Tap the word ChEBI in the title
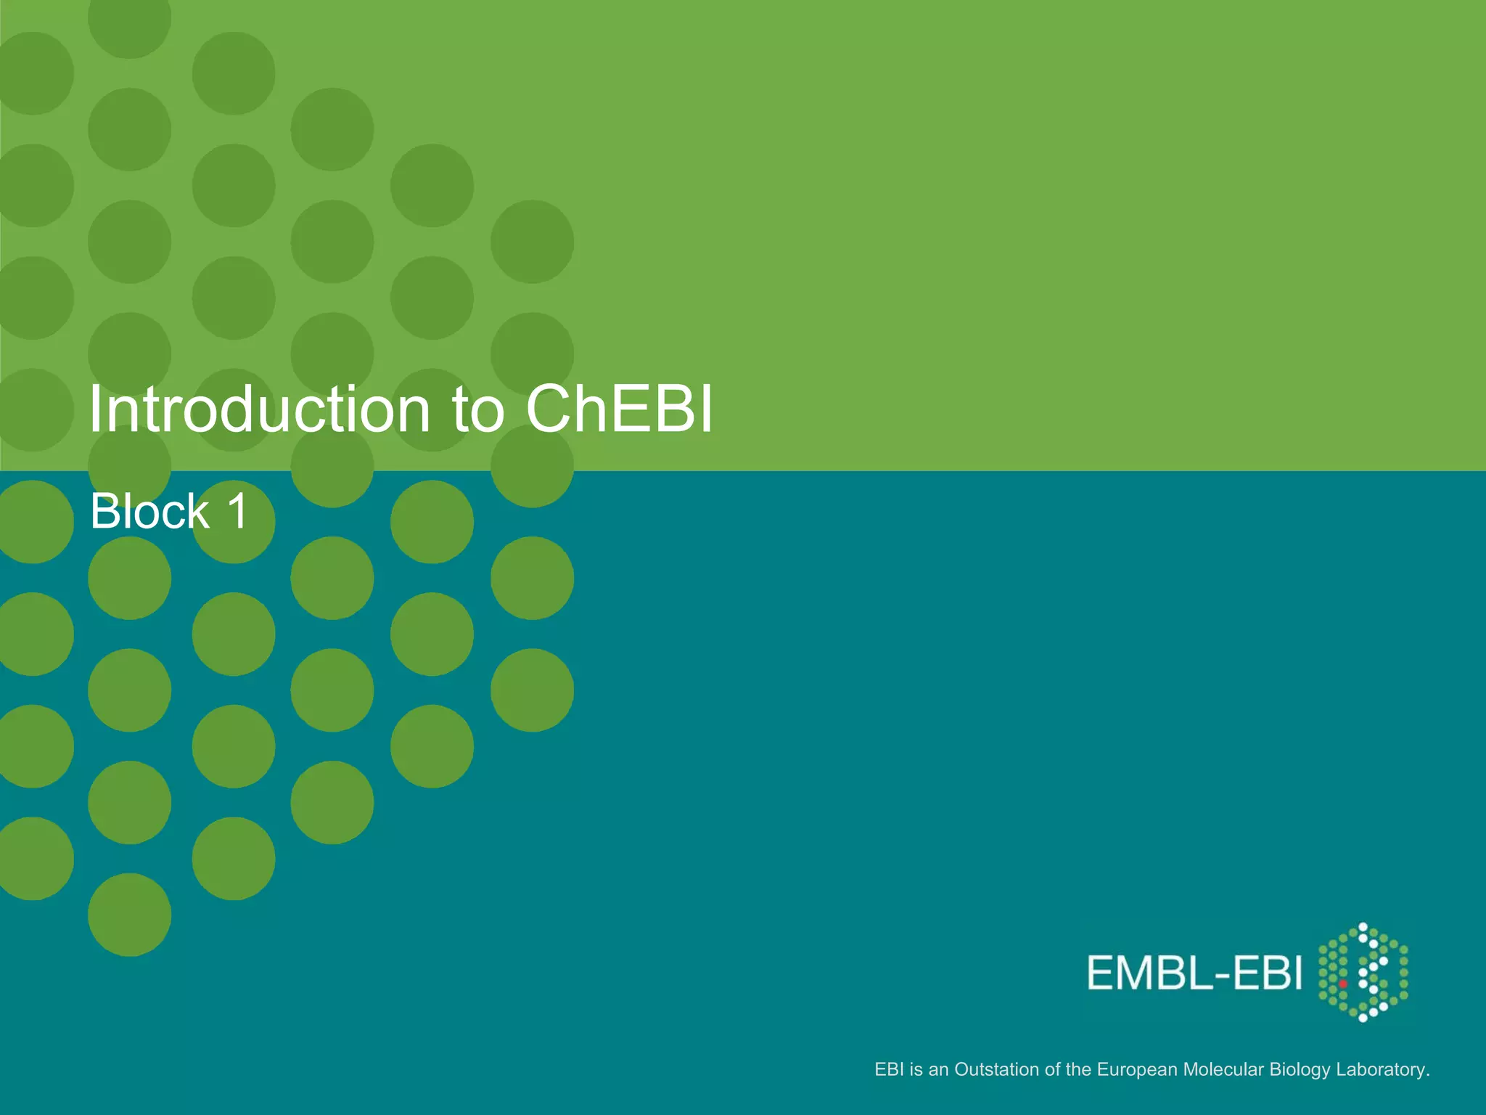619,410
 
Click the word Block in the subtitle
149,512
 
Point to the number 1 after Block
238,511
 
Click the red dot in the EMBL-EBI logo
1343,984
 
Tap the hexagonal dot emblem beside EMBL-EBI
1363,973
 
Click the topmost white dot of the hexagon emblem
1363,927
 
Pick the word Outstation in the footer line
996,1069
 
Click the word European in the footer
1137,1070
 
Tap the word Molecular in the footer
1223,1069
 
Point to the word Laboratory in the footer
1382,1070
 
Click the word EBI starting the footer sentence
889,1069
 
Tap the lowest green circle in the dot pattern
130,915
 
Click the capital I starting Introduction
94,410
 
